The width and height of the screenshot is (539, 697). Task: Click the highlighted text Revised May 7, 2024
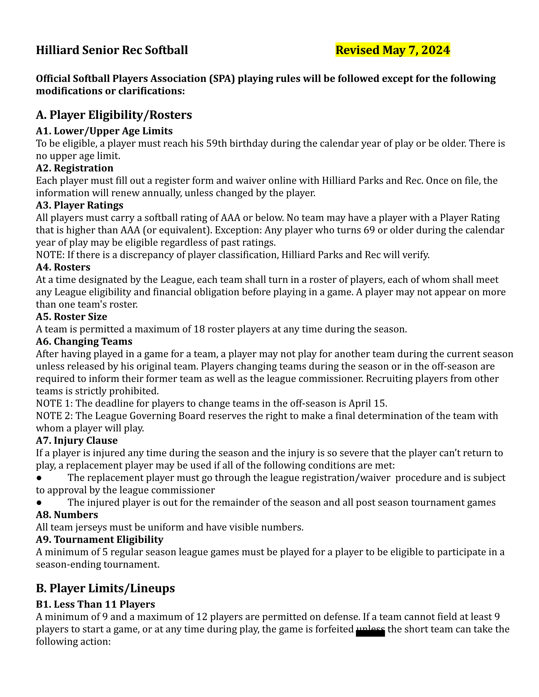(x=393, y=50)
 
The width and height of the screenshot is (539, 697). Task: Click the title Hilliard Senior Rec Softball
(x=112, y=50)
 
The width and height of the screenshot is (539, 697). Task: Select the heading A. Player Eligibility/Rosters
(x=114, y=115)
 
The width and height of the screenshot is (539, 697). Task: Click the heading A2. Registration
(x=74, y=168)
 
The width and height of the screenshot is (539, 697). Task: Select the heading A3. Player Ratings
(x=79, y=205)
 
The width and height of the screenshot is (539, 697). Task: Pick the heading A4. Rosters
(x=63, y=267)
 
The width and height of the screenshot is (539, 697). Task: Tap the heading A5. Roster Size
(x=71, y=317)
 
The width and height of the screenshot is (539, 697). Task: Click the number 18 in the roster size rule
(x=199, y=329)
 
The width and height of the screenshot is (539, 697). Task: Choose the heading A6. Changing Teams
(x=84, y=342)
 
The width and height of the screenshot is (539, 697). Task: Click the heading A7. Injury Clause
(x=77, y=440)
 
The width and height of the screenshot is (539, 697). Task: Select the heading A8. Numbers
(x=67, y=515)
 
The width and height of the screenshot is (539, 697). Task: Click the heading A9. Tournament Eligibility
(x=99, y=540)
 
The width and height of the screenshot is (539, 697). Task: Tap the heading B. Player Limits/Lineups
(x=105, y=588)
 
